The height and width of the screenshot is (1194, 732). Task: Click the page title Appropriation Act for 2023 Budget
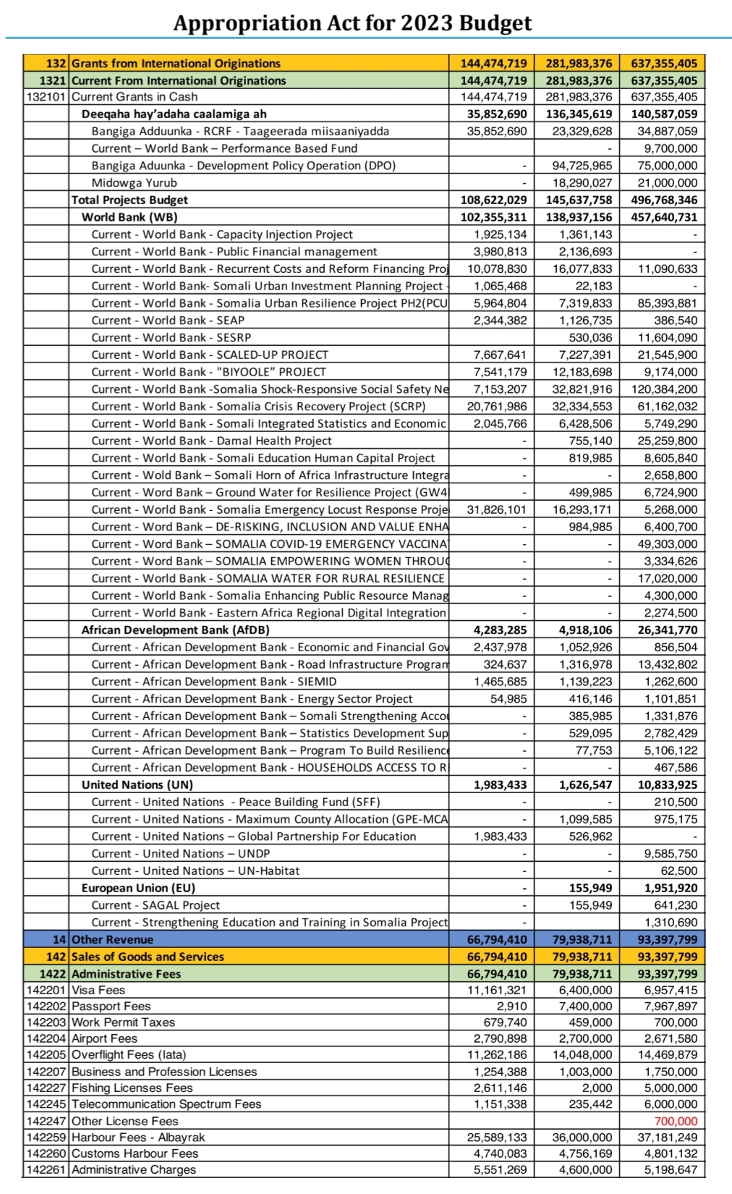point(352,23)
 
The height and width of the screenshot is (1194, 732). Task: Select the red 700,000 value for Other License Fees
point(676,1122)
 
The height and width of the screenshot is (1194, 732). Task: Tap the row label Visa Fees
point(98,990)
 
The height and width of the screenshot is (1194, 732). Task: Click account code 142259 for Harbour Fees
point(46,1138)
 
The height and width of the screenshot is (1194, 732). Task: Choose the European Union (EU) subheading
point(138,888)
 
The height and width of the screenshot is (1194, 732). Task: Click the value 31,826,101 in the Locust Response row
point(497,509)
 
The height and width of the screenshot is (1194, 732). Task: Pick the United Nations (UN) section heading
point(137,784)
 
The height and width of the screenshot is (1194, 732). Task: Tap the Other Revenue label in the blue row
point(112,939)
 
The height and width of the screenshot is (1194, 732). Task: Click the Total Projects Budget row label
point(129,200)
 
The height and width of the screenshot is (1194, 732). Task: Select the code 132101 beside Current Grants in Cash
point(46,97)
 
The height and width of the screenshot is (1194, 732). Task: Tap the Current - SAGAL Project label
point(156,905)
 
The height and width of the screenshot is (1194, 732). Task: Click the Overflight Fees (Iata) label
point(129,1054)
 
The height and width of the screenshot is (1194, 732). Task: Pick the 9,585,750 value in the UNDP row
point(671,854)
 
